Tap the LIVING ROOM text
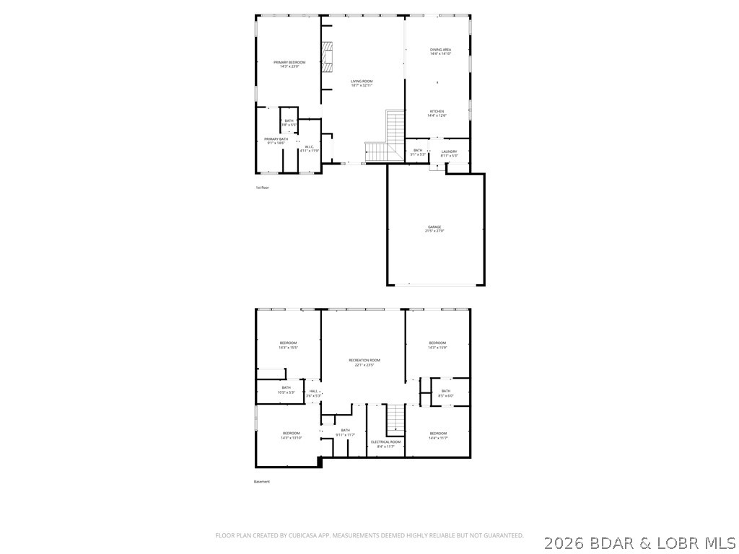362,81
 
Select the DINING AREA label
440,49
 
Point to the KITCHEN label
437,111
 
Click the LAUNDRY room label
449,151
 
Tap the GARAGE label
434,227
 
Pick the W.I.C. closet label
308,146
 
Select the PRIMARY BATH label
276,138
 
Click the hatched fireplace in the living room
329,56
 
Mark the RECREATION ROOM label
364,360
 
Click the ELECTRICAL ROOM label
385,441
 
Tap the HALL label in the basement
313,391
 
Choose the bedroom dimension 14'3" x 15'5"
288,348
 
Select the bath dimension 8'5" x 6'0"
445,395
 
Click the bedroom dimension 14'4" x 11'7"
437,438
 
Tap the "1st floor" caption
262,188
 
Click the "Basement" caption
261,482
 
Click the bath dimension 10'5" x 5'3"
286,392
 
